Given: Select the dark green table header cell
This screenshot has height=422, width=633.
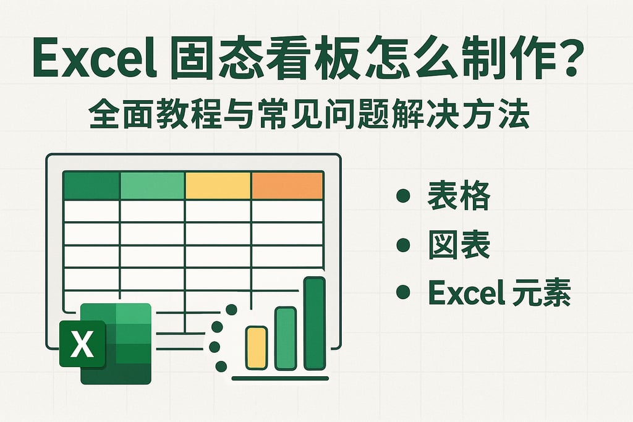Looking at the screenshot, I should (x=91, y=185).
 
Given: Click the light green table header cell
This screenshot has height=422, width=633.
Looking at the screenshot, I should (x=152, y=185).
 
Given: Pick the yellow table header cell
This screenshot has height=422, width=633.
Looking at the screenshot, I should (x=218, y=185).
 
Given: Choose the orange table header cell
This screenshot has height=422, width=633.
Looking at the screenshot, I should (x=287, y=185).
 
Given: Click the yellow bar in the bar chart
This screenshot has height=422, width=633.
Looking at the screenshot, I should (x=256, y=348).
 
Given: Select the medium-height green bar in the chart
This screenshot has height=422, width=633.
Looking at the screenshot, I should (x=286, y=339).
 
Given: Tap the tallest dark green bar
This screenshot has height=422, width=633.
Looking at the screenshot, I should (x=315, y=323).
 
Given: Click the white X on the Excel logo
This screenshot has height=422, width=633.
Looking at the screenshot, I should (x=82, y=344).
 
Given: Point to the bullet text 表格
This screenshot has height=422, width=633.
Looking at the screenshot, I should (x=459, y=198).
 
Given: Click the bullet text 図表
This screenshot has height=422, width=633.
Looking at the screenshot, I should (x=459, y=247).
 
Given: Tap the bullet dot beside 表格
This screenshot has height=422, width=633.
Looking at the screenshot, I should (x=404, y=198).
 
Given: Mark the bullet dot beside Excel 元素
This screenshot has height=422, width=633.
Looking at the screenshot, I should (x=404, y=292).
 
